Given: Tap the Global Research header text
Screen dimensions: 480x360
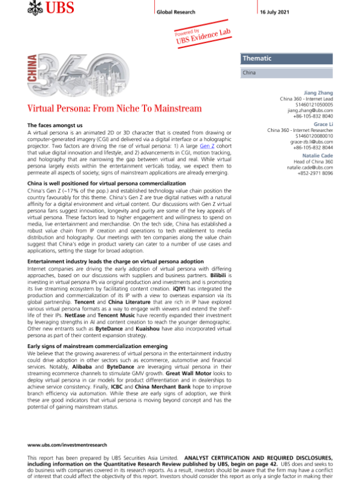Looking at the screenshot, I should click(178, 12).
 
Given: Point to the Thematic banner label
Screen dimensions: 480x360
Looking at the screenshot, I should click(257, 59).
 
